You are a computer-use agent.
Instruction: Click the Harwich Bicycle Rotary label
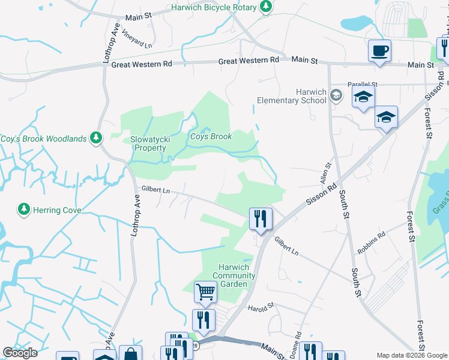click(214, 7)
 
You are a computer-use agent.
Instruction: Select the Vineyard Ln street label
click(137, 38)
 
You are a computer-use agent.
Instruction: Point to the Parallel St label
click(362, 85)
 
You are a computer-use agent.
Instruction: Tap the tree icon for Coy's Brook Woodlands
click(95, 139)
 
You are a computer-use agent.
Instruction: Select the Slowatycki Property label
click(148, 143)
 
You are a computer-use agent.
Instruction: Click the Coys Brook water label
click(211, 137)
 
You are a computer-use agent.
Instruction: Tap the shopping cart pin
click(205, 292)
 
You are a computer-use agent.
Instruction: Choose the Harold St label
click(261, 307)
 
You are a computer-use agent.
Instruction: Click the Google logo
click(20, 353)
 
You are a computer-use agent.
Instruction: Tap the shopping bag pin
click(130, 354)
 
